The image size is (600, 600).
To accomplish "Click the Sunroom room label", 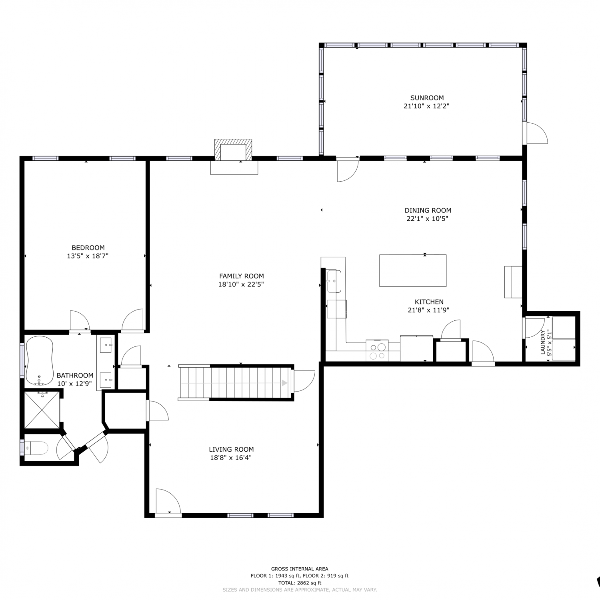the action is coord(427,98).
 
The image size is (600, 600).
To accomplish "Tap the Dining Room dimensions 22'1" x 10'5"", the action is coord(428,219).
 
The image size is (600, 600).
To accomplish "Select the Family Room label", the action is coord(242,276).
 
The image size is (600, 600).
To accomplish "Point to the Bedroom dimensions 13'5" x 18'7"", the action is coord(88,256).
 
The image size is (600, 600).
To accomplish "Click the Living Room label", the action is coord(231,449).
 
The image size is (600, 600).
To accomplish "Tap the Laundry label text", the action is coord(543,342).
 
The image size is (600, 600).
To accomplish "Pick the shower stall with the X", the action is coord(42,410).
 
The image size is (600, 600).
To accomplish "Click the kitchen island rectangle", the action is coord(413,270).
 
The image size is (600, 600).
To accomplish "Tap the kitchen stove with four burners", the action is coord(377,350).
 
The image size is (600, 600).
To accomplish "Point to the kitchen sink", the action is coord(334,281).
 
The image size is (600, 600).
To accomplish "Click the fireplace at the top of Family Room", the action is coord(234,150).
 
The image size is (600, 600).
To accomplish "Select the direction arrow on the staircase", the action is coord(284,383).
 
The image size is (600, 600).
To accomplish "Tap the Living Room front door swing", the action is coord(168,500).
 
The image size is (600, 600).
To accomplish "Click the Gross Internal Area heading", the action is coord(300,569).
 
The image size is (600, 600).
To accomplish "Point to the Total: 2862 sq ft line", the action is coord(300,583).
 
